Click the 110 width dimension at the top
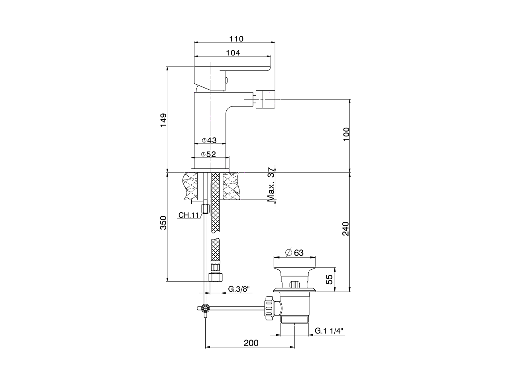coord(236,39)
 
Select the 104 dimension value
coord(233,53)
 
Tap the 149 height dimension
coord(164,120)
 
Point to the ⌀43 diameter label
coord(209,140)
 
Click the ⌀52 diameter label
coord(208,154)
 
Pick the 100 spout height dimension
coord(346,134)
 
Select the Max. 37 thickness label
coord(271,184)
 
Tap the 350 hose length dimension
coord(164,223)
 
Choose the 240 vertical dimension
coord(346,229)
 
